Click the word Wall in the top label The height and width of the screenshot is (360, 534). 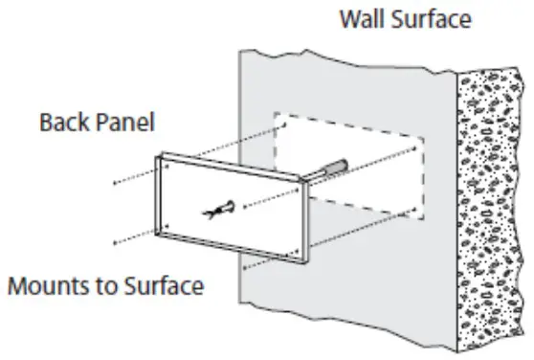point(359,19)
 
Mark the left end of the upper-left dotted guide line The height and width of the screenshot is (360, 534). point(113,181)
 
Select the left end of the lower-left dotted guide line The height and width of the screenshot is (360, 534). point(113,245)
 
